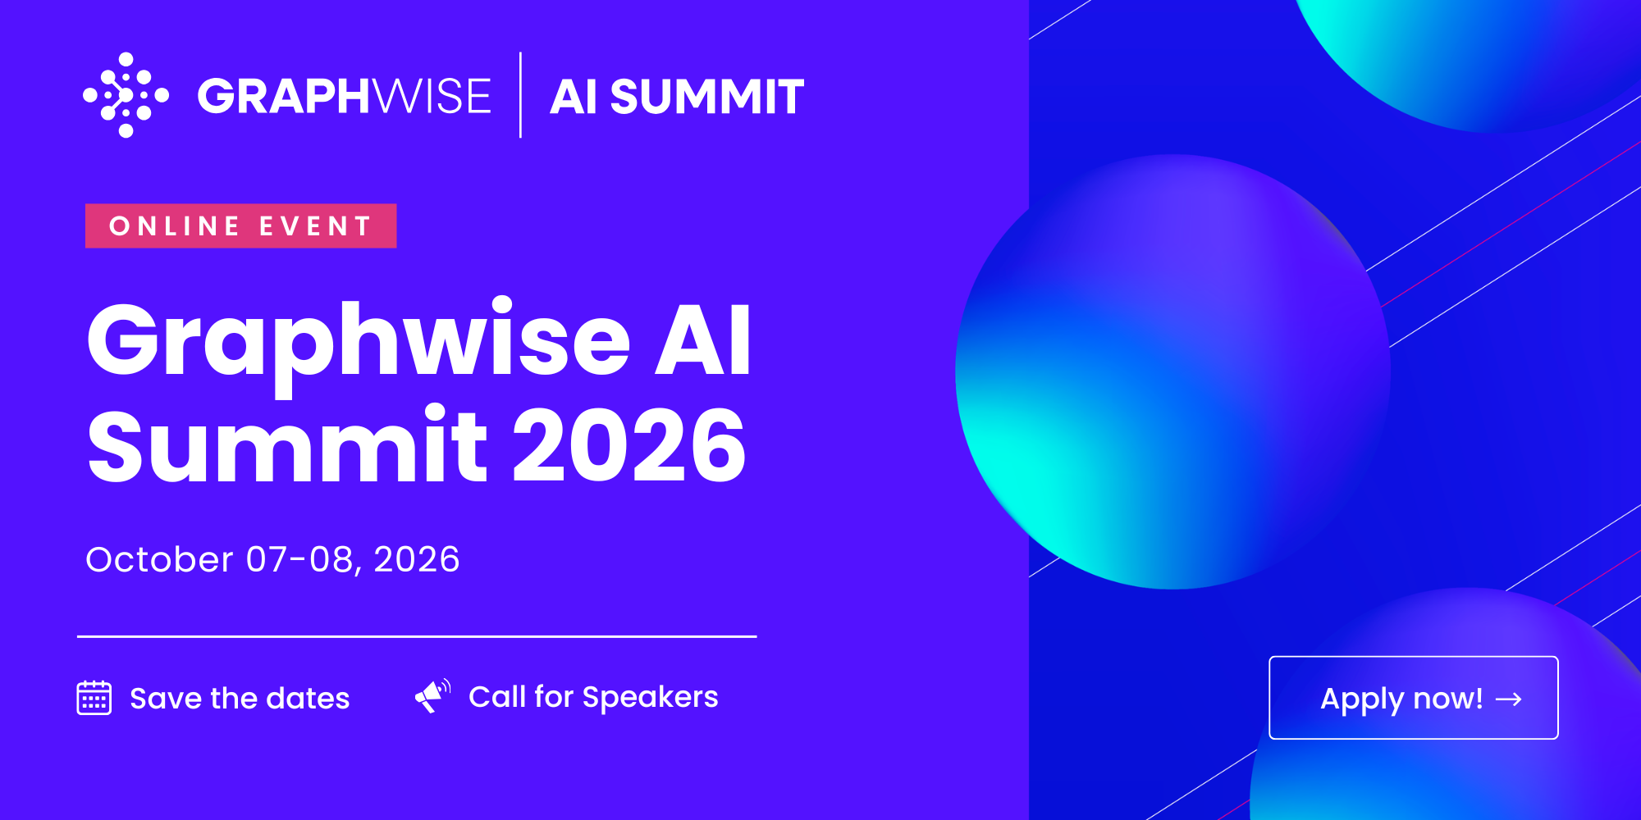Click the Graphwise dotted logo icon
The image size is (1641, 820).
click(126, 95)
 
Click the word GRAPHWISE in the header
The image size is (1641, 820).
click(345, 96)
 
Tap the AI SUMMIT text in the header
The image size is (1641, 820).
click(677, 97)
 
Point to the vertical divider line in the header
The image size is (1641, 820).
click(521, 95)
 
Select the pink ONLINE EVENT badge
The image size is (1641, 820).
click(241, 225)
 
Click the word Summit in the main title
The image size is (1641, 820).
click(288, 445)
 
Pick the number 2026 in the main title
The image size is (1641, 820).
click(629, 446)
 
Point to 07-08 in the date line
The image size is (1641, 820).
click(299, 559)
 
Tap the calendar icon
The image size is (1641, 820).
click(94, 698)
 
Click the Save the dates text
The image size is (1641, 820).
click(240, 699)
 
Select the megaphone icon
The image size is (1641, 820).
click(432, 696)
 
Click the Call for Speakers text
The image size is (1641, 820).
click(593, 698)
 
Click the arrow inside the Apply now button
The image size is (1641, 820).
click(1509, 699)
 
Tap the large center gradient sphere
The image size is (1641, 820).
click(1172, 371)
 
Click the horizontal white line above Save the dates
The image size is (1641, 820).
click(417, 636)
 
